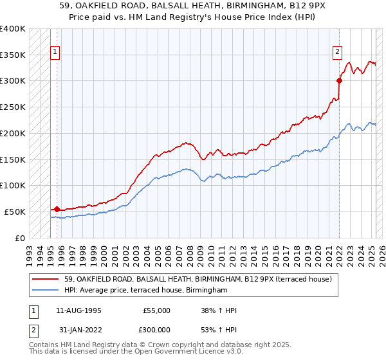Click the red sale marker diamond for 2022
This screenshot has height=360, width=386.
point(339,80)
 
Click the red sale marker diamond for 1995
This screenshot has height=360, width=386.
point(57,209)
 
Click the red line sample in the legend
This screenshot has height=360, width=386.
point(46,279)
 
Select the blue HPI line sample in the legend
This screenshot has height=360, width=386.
point(46,291)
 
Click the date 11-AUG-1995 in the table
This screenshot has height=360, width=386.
point(78,311)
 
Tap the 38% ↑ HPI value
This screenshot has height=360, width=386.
point(219,311)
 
